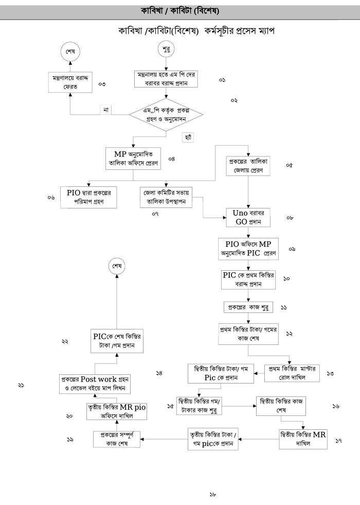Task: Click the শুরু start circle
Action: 165,50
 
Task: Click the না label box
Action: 105,109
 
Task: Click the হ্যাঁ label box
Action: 187,137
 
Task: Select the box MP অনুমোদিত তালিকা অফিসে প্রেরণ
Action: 134,159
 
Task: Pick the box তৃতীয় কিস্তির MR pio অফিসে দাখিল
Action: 117,412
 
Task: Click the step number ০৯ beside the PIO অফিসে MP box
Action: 292,249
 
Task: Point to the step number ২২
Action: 65,341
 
